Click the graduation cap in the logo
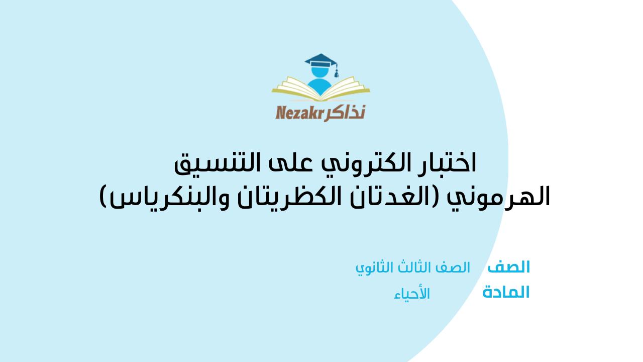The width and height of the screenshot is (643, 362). tap(320, 60)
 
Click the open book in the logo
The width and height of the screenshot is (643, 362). tap(320, 89)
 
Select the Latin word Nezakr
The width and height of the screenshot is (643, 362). tap(300, 113)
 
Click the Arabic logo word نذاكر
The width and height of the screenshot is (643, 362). tap(345, 113)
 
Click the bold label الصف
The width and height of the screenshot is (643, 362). tap(508, 267)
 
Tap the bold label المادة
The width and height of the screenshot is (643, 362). tap(506, 292)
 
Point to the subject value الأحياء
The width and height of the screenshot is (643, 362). tap(412, 294)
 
